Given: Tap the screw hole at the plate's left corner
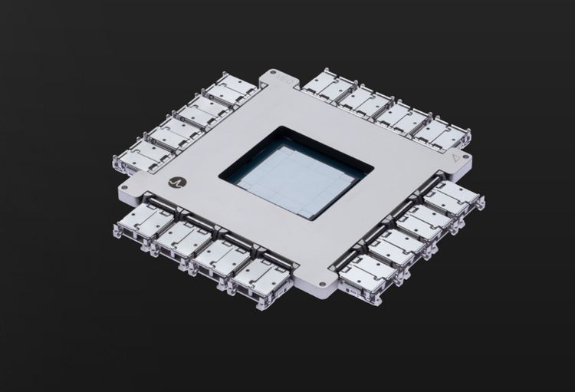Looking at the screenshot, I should tap(123, 186).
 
